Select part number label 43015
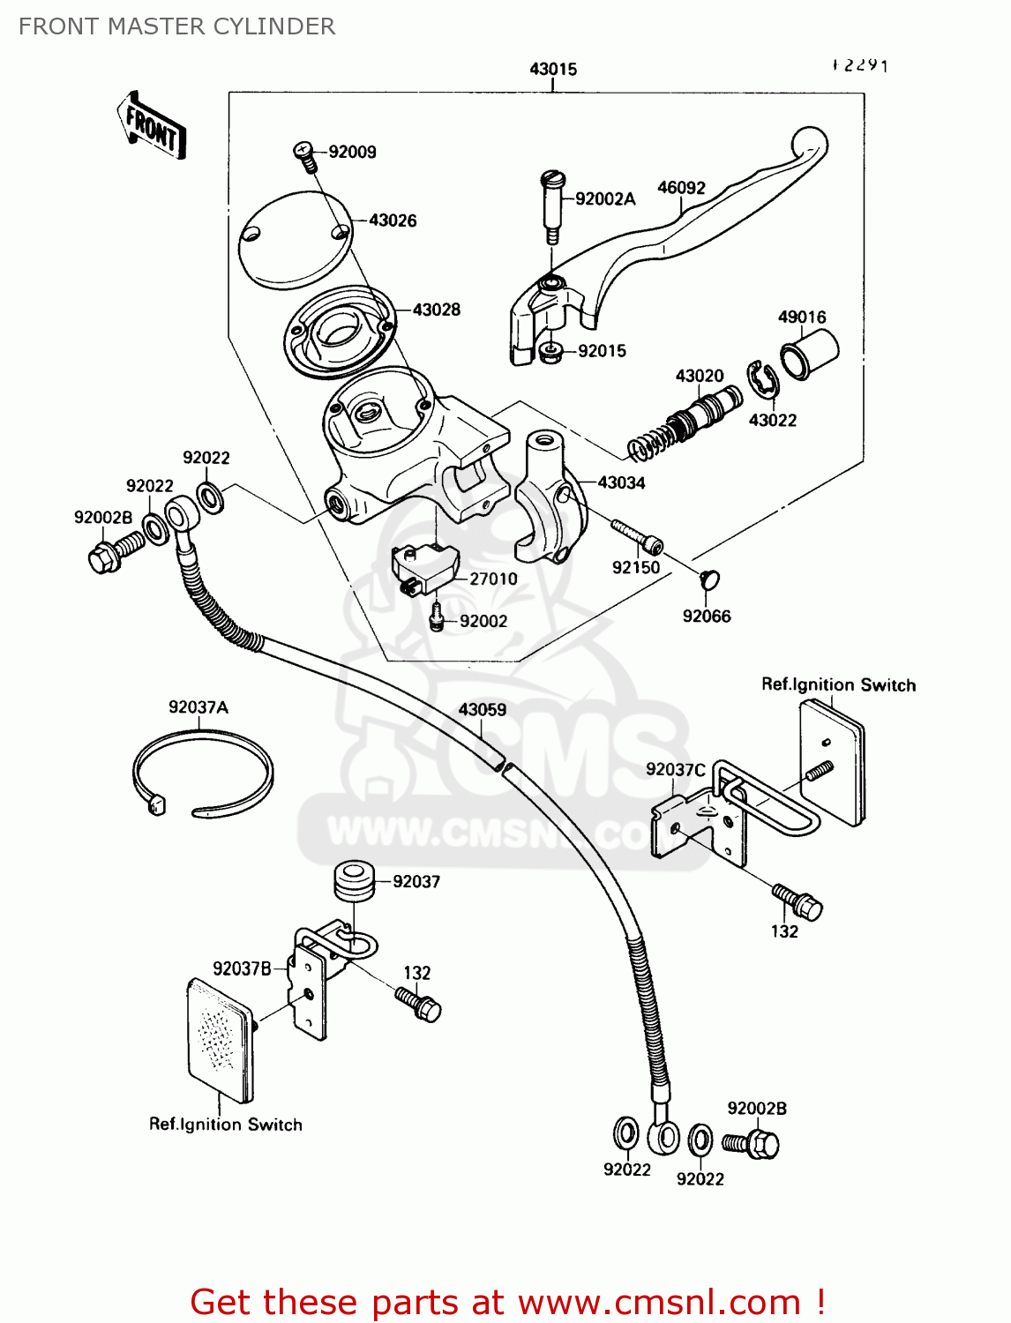[x=553, y=69]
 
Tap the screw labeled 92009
[x=304, y=155]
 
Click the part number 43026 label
[x=393, y=220]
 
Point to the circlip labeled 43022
[x=761, y=380]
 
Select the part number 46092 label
[x=681, y=188]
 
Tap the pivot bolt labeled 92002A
[x=551, y=207]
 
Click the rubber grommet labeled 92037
[x=354, y=882]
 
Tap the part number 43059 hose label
[x=482, y=710]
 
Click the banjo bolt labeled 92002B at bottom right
[x=753, y=1144]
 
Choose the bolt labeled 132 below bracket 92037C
[x=798, y=901]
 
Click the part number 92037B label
[x=242, y=968]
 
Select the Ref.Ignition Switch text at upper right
[x=838, y=685]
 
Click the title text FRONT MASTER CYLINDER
[x=176, y=26]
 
